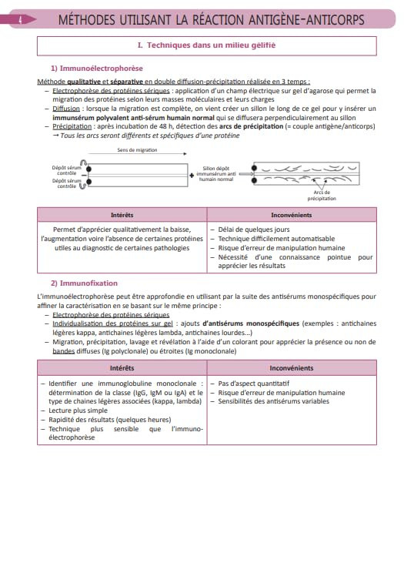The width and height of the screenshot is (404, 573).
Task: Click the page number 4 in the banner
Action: pyautogui.click(x=20, y=20)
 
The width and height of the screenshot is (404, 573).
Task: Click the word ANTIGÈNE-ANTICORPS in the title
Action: pyautogui.click(x=306, y=20)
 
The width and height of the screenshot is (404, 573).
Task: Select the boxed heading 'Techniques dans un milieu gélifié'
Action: pyautogui.click(x=207, y=45)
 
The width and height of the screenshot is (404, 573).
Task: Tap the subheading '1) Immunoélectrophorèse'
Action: pyautogui.click(x=97, y=69)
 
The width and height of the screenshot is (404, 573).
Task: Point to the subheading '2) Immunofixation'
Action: pyautogui.click(x=84, y=283)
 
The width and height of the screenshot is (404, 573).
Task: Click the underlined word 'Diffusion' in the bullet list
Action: pyautogui.click(x=66, y=109)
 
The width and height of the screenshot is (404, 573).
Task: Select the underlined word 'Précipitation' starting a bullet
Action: pyautogui.click(x=72, y=126)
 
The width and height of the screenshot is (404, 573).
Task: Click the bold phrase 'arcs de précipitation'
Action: pyautogui.click(x=252, y=126)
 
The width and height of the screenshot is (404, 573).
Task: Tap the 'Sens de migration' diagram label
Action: pyautogui.click(x=137, y=150)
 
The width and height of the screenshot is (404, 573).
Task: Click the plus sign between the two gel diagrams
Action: pyautogui.click(x=192, y=176)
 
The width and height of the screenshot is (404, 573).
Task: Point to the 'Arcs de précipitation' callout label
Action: pyautogui.click(x=322, y=196)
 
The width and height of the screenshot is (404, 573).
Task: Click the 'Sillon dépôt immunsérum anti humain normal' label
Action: pyautogui.click(x=216, y=174)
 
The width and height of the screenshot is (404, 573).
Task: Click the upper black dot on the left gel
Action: pyautogui.click(x=88, y=169)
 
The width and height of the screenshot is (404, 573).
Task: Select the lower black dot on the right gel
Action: pyautogui.click(x=254, y=180)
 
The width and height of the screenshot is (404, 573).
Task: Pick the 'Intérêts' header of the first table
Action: pyautogui.click(x=122, y=215)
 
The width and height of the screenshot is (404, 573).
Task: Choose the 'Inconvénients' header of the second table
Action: pyautogui.click(x=292, y=368)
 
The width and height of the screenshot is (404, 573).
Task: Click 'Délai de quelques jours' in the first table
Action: pyautogui.click(x=254, y=230)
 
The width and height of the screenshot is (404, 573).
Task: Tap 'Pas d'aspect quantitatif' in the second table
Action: pyautogui.click(x=253, y=384)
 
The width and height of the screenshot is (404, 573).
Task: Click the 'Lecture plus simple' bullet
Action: pyautogui.click(x=78, y=410)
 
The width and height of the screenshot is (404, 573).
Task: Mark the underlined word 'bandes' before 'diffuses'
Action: pyautogui.click(x=64, y=351)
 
